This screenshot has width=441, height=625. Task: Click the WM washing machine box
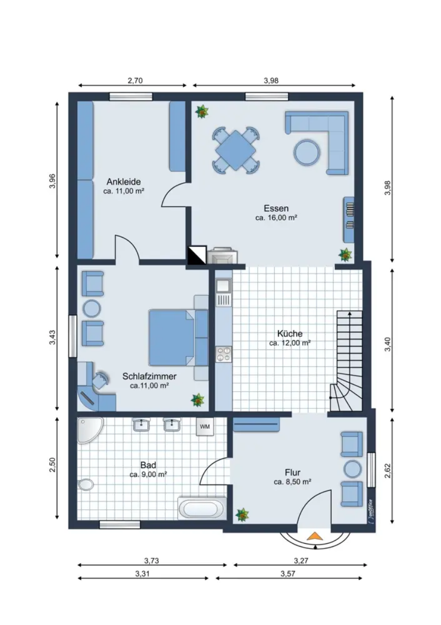(x=205, y=427)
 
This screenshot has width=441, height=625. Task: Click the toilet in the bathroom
(x=86, y=485)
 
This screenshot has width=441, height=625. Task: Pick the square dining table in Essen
(x=236, y=150)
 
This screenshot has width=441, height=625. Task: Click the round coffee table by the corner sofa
(x=306, y=152)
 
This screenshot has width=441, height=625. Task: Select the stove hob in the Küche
(x=224, y=354)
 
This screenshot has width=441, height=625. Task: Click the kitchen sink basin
(x=223, y=286)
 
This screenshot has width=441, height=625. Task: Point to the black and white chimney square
(x=197, y=255)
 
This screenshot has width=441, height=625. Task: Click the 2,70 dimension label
(x=135, y=81)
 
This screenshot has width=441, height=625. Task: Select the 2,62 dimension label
(x=388, y=471)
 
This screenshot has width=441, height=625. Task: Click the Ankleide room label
(x=123, y=182)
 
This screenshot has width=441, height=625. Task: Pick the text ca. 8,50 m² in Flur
(x=292, y=482)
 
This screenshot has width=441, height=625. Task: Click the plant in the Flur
(x=242, y=515)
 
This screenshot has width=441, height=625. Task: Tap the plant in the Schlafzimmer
(x=197, y=400)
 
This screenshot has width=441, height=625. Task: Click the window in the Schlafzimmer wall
(x=73, y=336)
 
